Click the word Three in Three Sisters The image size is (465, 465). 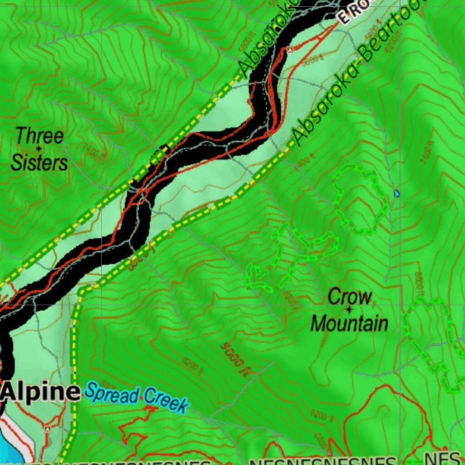(x=40, y=136)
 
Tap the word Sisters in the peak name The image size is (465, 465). (x=39, y=163)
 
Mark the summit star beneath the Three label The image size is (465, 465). (x=39, y=148)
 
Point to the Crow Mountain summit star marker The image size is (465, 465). (x=349, y=310)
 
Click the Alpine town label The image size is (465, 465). (x=41, y=392)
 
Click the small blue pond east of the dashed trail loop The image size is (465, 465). (x=397, y=193)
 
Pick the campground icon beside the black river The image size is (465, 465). (x=289, y=50)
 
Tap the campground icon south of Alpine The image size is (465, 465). (x=47, y=428)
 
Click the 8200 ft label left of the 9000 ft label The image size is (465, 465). (x=192, y=366)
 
